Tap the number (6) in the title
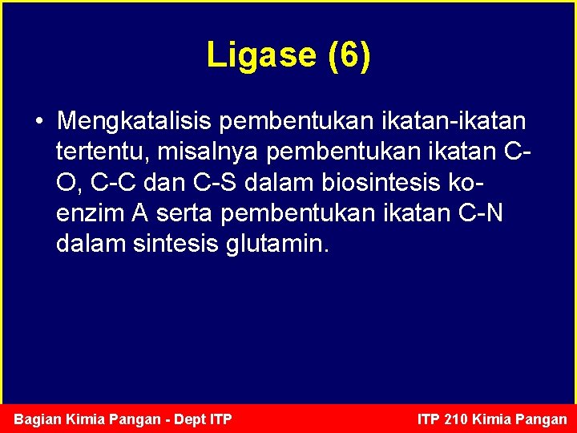tap(349, 55)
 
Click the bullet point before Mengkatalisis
tap(38, 122)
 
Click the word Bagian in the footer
tap(37, 419)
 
